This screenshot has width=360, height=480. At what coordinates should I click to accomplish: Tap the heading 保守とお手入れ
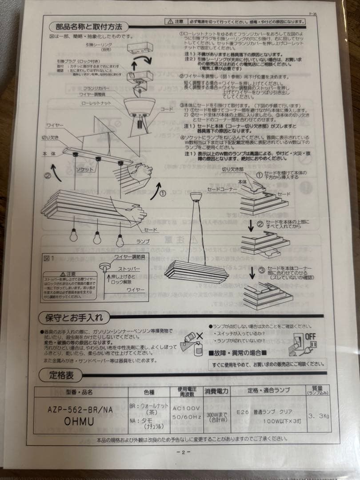click(x=74, y=318)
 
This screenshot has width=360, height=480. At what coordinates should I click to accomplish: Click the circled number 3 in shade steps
click(x=262, y=270)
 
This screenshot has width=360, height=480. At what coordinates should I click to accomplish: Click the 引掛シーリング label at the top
click(x=99, y=45)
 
